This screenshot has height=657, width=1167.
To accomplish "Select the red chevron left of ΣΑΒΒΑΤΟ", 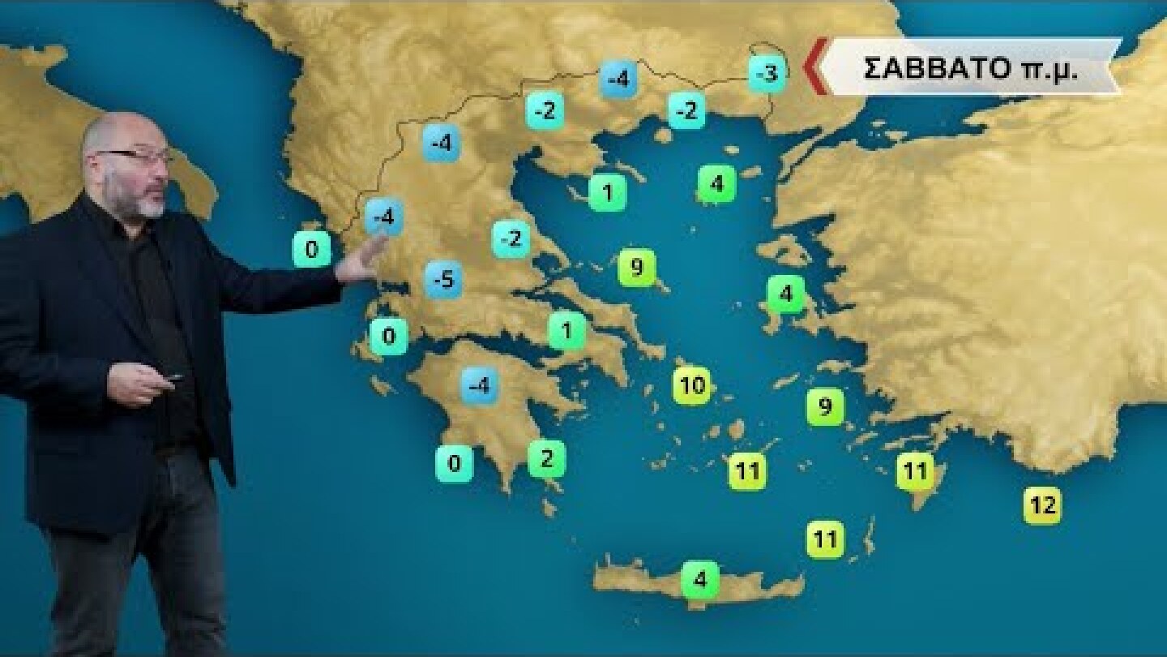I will click(815, 67).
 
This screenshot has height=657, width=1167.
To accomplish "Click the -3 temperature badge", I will click(766, 74).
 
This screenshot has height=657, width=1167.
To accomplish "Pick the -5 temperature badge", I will click(443, 280).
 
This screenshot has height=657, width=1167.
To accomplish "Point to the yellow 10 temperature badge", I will click(693, 385).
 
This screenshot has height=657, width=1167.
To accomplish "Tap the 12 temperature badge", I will click(1042, 505).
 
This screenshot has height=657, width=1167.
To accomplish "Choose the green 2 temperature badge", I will click(546, 459).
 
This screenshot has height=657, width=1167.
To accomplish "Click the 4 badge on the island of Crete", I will click(700, 579).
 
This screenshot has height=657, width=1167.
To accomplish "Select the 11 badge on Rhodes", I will click(915, 470).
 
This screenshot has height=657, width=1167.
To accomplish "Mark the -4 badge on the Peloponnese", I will click(479, 385).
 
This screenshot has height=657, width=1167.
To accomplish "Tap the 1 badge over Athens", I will click(567, 330).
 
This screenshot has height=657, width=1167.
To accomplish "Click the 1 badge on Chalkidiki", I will click(607, 192).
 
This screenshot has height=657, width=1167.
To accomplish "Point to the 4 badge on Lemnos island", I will click(716, 183).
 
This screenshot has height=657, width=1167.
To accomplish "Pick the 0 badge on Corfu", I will click(311, 249).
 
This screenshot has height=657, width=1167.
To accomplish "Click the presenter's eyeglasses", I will click(135, 155).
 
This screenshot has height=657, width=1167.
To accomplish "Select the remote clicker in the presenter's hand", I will click(170, 377).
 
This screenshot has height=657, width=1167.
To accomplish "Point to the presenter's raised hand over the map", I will click(362, 260).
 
